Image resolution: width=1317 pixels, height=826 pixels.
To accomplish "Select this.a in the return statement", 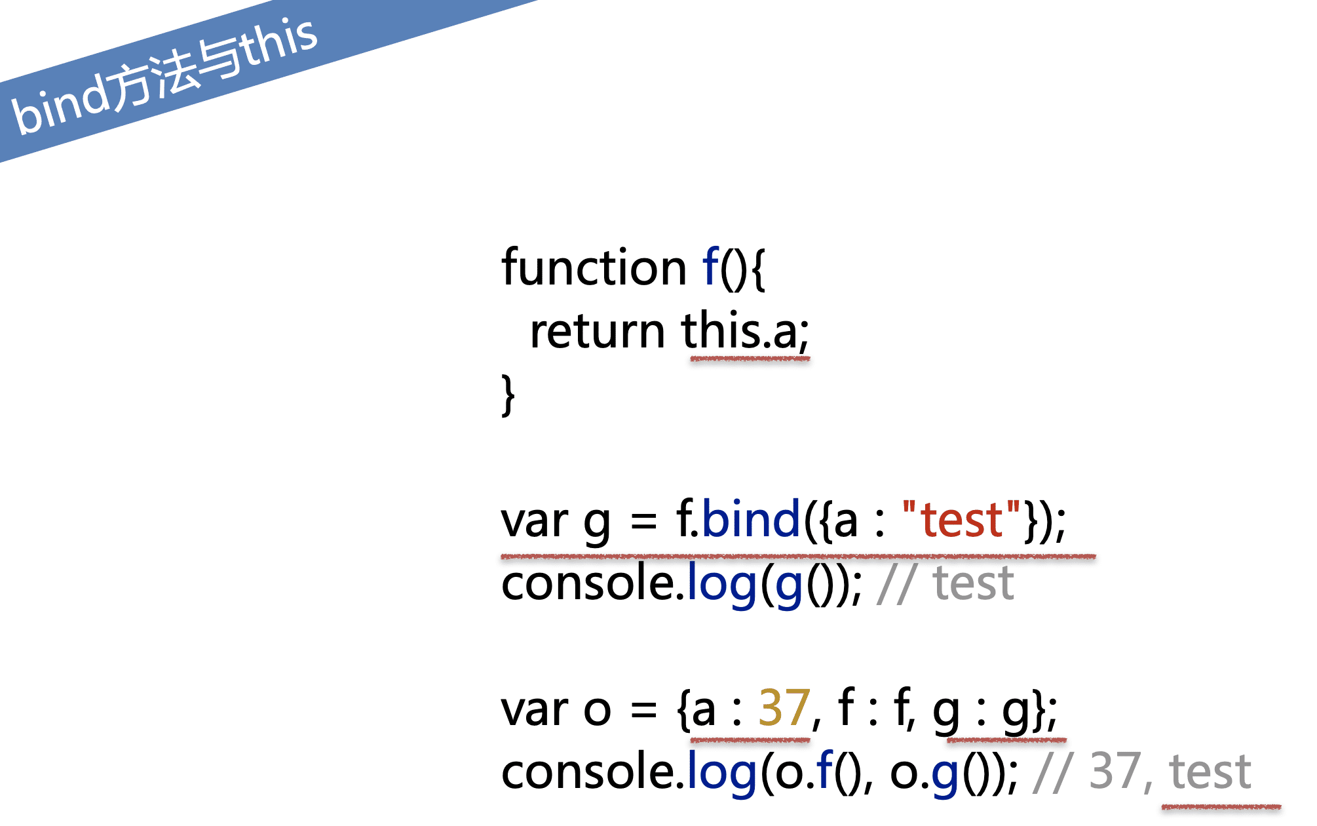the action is click(x=745, y=331).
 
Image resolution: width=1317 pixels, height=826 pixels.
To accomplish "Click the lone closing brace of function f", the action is click(x=508, y=395).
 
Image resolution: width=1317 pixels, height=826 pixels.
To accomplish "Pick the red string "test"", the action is click(x=962, y=520).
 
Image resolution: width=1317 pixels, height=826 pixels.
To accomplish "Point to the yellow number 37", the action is click(x=784, y=708).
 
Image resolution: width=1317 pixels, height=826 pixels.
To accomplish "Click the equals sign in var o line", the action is click(x=643, y=711).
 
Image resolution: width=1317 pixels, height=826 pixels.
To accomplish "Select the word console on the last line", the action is click(x=588, y=771).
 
